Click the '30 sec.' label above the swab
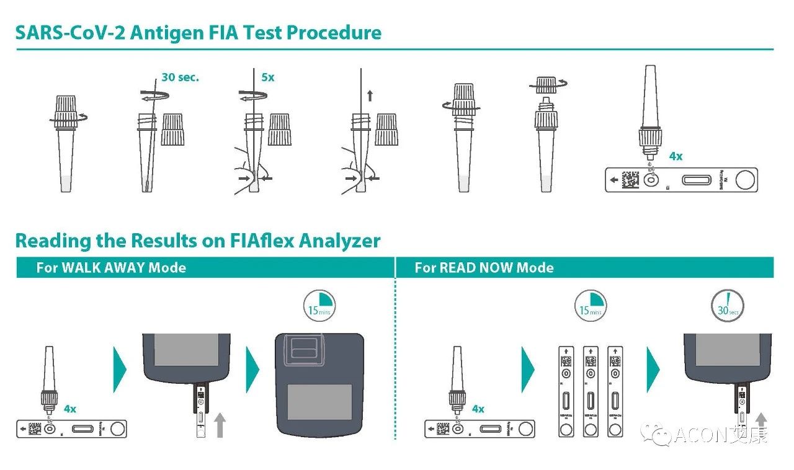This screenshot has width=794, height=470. tap(180, 78)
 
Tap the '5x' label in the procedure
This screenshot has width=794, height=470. tap(268, 78)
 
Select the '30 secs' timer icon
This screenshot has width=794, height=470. tap(728, 306)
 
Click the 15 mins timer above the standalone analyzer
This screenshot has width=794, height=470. tap(319, 306)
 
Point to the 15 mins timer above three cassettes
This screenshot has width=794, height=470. tap(591, 306)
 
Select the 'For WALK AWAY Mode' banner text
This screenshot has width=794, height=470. tap(111, 268)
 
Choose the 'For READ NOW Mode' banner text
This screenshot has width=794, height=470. tap(484, 268)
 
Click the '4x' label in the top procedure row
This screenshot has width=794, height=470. tap(676, 156)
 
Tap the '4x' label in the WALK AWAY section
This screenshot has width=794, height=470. tap(70, 409)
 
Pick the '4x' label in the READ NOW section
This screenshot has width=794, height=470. tap(478, 409)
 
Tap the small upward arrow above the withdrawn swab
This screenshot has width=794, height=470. tap(370, 95)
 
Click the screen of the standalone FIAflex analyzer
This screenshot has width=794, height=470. tap(319, 401)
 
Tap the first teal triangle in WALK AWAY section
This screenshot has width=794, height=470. tap(120, 370)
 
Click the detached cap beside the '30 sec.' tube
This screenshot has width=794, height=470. tap(172, 129)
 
